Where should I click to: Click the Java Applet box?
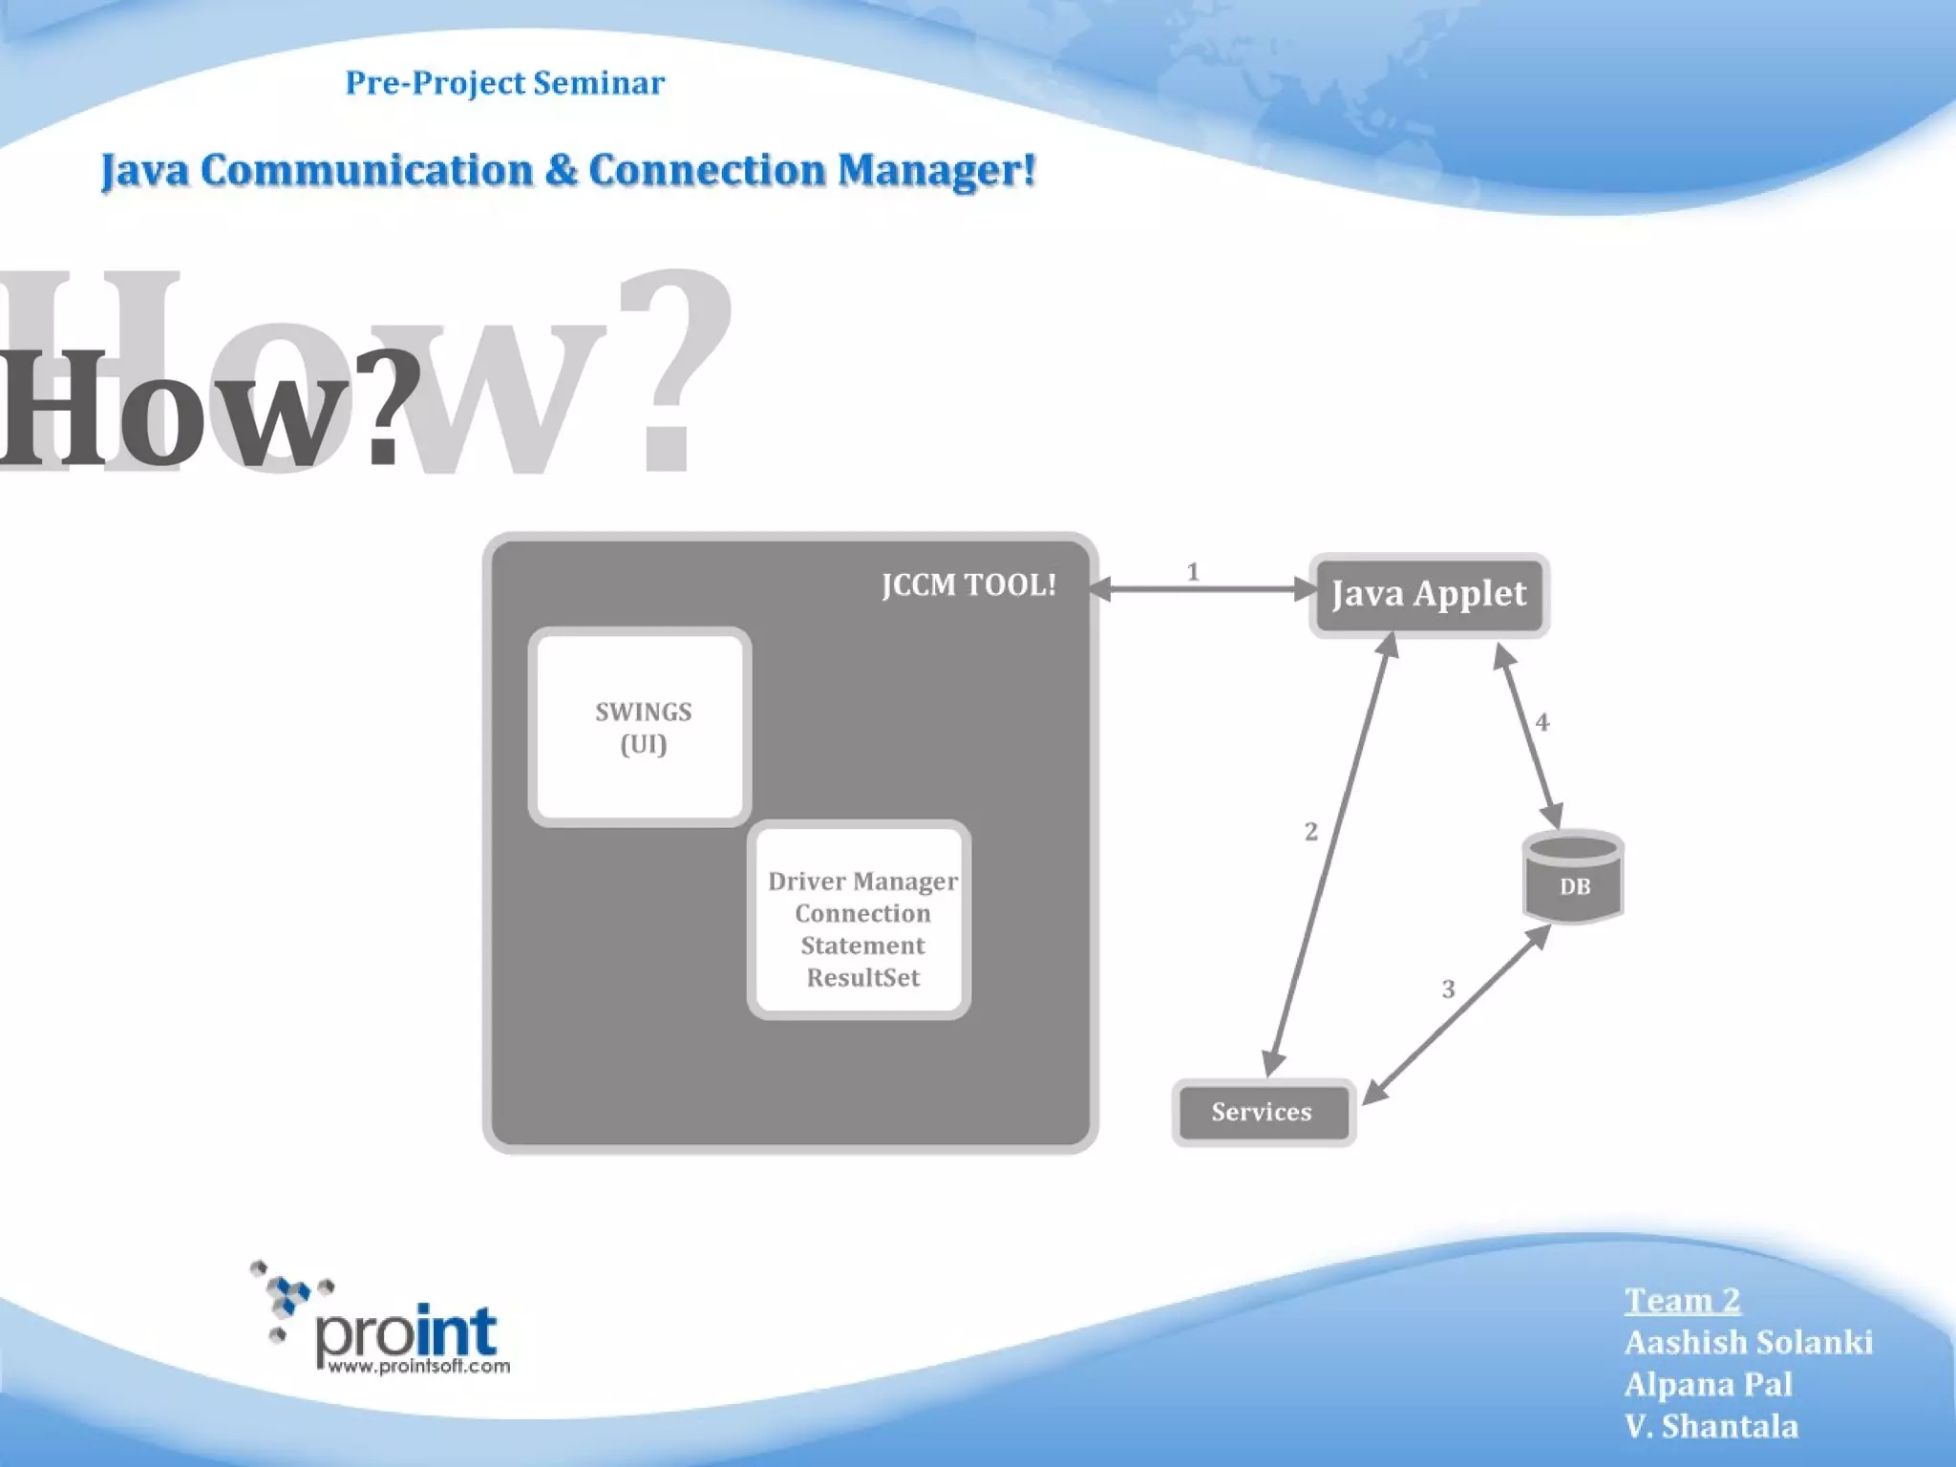pos(1429,594)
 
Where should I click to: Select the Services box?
pos(1263,1112)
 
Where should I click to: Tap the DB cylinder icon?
pos(1573,877)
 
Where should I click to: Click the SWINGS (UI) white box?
pos(641,727)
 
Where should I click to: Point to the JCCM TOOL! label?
pos(968,585)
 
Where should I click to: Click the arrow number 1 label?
pos(1192,571)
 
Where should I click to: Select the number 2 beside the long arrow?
pos(1310,832)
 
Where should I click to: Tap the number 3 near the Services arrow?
pos(1448,989)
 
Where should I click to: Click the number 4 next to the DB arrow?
pos(1541,722)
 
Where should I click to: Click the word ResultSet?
pos(862,978)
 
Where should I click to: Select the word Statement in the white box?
pos(862,946)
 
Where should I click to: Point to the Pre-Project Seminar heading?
pos(504,83)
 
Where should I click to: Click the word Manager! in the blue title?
pos(936,171)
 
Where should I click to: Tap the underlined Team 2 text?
pos(1682,1300)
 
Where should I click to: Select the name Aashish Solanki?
pos(1748,1342)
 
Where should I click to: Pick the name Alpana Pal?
pos(1708,1384)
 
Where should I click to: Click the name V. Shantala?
pos(1711,1426)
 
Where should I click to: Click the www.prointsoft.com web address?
pos(418,1366)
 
